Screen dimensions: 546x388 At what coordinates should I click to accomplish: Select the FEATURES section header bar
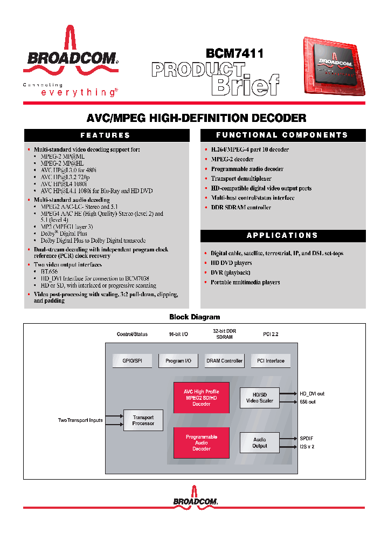click(105, 135)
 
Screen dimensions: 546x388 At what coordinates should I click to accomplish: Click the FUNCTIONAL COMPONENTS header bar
click(282, 135)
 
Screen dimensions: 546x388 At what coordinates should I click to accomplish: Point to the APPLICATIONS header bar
click(282, 236)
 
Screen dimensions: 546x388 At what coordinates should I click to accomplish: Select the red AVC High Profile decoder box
click(202, 398)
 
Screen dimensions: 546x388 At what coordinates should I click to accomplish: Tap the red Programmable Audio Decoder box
click(202, 443)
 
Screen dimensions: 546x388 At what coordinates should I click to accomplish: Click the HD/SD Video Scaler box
click(260, 398)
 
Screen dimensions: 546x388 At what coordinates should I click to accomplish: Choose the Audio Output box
click(260, 443)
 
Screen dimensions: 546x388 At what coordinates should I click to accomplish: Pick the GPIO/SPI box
click(132, 361)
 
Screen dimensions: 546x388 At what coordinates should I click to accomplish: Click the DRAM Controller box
click(224, 361)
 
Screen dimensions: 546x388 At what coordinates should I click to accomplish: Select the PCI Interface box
click(271, 361)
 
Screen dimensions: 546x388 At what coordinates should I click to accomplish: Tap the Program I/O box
click(178, 361)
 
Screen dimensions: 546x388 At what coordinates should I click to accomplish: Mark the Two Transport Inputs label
click(80, 420)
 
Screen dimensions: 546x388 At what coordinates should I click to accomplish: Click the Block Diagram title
click(195, 317)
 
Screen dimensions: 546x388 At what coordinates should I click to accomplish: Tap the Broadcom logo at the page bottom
click(195, 500)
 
